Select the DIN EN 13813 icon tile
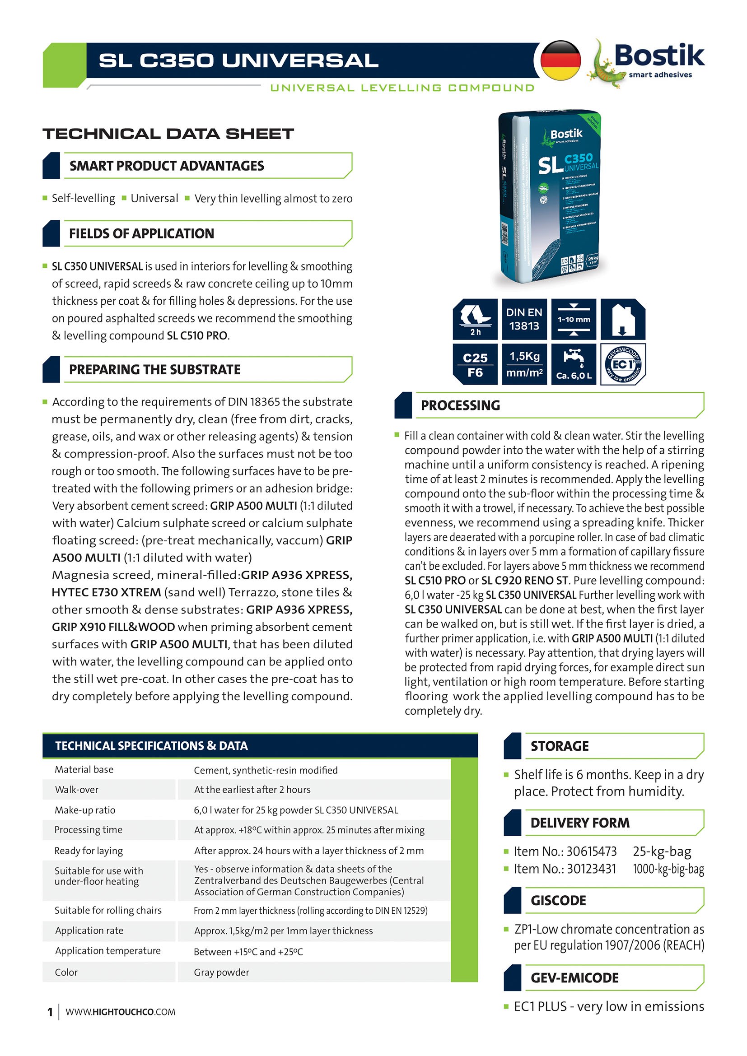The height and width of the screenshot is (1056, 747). [524, 319]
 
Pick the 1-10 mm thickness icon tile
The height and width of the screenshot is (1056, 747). [574, 319]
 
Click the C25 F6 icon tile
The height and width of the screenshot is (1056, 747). [475, 364]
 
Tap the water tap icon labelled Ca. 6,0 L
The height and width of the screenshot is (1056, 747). [574, 364]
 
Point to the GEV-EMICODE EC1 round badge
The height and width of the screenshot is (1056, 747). [623, 364]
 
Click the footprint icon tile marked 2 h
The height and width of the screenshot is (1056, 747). [475, 319]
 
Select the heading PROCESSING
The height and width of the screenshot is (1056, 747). [460, 405]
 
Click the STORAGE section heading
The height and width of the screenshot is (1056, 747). [559, 746]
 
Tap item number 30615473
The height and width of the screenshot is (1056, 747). [591, 852]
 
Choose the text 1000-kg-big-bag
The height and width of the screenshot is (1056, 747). [668, 869]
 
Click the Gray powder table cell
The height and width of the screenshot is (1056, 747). [221, 972]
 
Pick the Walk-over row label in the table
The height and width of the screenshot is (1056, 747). [76, 790]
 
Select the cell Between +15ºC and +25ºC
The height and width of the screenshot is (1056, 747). [248, 952]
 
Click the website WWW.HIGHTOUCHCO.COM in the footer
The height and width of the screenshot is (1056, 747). [121, 1012]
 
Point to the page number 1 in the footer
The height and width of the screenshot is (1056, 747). [50, 1012]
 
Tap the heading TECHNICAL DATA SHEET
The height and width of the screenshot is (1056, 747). [168, 134]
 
